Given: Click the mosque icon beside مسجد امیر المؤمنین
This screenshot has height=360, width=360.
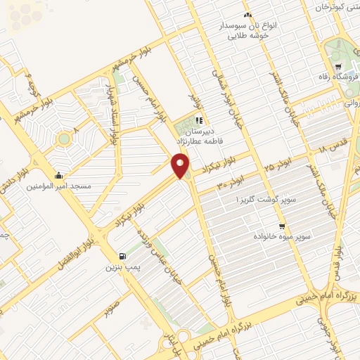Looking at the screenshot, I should click(x=58, y=175).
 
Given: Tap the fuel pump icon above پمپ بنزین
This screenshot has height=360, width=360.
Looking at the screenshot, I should click(x=124, y=256).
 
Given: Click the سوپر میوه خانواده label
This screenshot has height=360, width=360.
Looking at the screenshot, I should click(x=281, y=238).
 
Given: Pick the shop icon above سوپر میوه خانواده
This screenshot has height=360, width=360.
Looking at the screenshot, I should click(x=282, y=226).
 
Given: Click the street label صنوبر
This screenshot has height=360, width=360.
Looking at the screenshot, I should click(x=110, y=308).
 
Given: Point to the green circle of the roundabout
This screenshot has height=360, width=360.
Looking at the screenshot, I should click(x=65, y=139).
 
